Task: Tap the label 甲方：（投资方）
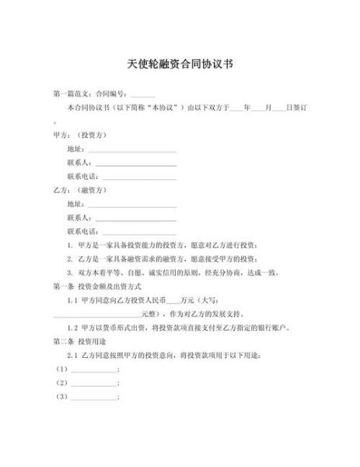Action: tap(80, 134)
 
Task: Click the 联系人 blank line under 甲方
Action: tap(135, 163)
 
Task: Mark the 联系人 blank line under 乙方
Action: tap(135, 219)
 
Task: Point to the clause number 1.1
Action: tap(72, 300)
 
